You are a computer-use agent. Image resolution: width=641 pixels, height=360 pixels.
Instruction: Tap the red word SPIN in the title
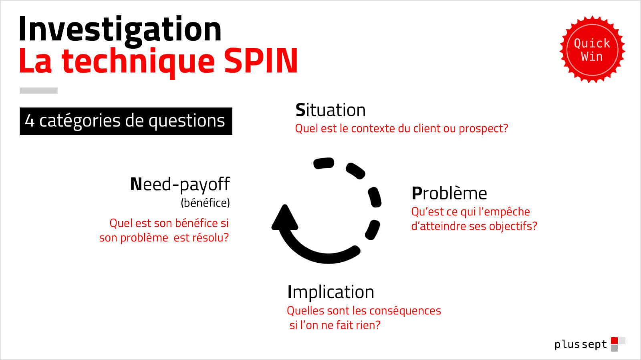click(x=261, y=61)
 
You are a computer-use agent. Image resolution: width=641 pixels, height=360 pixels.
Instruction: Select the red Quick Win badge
click(x=592, y=50)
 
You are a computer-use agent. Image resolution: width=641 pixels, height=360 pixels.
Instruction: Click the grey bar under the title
click(x=38, y=91)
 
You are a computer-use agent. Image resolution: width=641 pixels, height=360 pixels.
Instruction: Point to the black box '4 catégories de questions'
click(x=126, y=121)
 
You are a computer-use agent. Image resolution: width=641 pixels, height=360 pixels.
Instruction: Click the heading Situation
click(x=331, y=110)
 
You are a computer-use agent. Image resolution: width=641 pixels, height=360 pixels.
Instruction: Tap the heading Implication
click(x=331, y=292)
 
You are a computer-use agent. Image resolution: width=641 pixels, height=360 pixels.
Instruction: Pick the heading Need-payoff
click(x=180, y=185)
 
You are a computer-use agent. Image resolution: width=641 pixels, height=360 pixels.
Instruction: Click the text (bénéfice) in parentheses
click(x=205, y=203)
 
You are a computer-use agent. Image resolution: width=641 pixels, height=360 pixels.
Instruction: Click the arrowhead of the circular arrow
click(x=285, y=217)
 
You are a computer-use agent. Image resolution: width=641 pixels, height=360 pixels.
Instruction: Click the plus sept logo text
click(x=581, y=344)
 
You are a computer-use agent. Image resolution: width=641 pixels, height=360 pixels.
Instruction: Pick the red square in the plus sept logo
click(x=614, y=340)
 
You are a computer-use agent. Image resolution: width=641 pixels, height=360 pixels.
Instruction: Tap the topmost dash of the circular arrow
click(x=324, y=163)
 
